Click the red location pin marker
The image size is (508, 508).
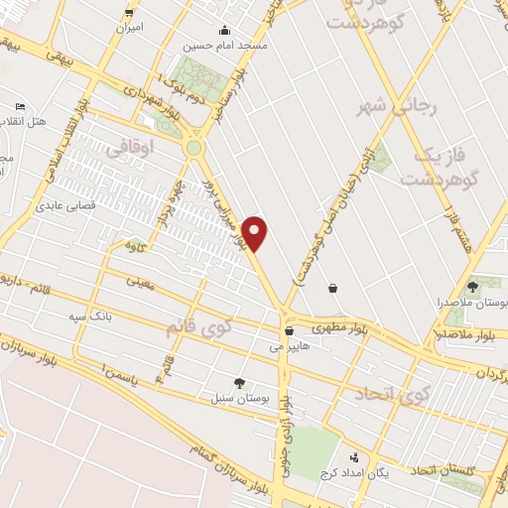256,232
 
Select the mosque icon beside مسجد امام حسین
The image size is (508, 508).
224,30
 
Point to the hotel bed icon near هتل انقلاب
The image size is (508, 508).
21,106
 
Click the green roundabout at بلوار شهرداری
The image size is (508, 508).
193,148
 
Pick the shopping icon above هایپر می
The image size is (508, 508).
289,331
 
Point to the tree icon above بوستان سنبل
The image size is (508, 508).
239,381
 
